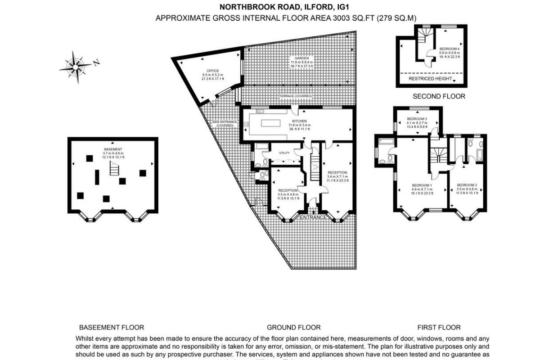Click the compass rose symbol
click(75, 67)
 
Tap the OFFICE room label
click(212, 71)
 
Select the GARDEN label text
click(301, 58)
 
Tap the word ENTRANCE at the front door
click(313, 218)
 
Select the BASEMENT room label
click(112, 149)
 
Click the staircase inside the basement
click(115, 170)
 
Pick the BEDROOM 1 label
click(422, 185)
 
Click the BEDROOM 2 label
click(467, 185)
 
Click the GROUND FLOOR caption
click(293, 328)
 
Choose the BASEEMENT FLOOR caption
click(112, 328)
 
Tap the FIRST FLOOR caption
click(439, 328)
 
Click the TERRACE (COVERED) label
click(296, 97)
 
